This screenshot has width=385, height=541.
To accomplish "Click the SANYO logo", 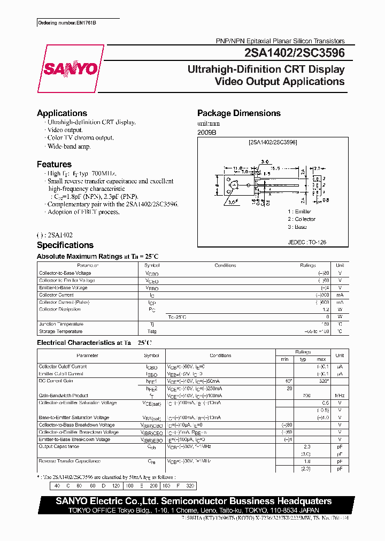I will click(71, 69).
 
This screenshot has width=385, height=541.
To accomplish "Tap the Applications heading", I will click(62, 113).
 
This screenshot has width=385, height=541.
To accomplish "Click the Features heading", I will click(54, 165).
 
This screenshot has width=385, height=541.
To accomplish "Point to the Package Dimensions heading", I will click(239, 113).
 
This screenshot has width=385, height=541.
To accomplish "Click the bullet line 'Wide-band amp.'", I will click(69, 146).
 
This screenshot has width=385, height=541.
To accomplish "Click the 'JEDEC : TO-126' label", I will click(307, 242).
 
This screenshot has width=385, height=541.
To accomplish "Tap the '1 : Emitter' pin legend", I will click(299, 212).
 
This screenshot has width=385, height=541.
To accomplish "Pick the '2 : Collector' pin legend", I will click(301, 219).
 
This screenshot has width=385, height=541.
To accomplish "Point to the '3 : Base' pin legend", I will click(297, 227).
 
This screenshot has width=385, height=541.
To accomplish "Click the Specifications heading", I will click(65, 245).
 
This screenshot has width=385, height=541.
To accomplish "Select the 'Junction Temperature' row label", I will click(61, 324).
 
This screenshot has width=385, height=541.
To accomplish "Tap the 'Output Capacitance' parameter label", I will click(59, 446).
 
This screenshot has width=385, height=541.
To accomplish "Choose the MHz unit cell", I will click(339, 396).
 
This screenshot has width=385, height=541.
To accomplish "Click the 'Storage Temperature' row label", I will click(61, 331).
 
